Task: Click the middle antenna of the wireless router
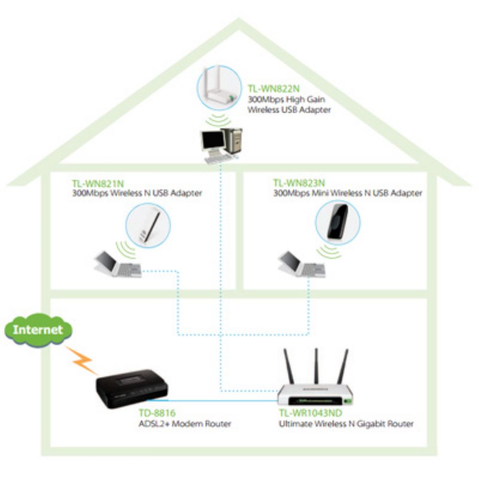(x=316, y=367)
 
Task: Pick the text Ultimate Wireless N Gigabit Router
(x=346, y=423)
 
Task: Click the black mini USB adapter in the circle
(x=337, y=222)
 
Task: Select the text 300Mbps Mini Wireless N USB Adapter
(x=347, y=194)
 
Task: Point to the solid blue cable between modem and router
(x=220, y=399)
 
